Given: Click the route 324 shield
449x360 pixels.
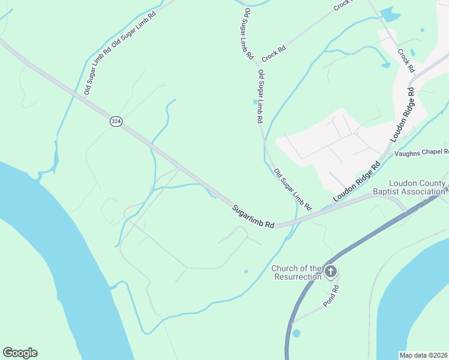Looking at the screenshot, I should pos(116,121).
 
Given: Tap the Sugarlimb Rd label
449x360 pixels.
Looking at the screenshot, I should pos(253,216).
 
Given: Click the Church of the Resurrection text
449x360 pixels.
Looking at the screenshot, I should pos(297,272).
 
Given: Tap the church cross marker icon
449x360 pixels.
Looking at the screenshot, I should pos(330,272).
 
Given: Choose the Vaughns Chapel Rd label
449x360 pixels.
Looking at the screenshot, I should pos(421,153).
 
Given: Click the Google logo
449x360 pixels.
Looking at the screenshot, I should pos(20,353).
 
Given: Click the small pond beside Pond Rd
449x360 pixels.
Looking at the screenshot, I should pos(296,333).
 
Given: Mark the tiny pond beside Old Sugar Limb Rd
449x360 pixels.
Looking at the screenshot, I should pos(255,102).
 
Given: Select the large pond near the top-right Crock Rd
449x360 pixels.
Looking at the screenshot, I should pos(390,14).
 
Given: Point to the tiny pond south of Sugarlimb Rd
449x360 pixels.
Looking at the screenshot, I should pos(246,272).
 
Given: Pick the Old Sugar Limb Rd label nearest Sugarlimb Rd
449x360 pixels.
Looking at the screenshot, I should pos(293,190).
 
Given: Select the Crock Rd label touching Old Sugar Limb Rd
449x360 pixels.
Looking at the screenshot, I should pos(273,53).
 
